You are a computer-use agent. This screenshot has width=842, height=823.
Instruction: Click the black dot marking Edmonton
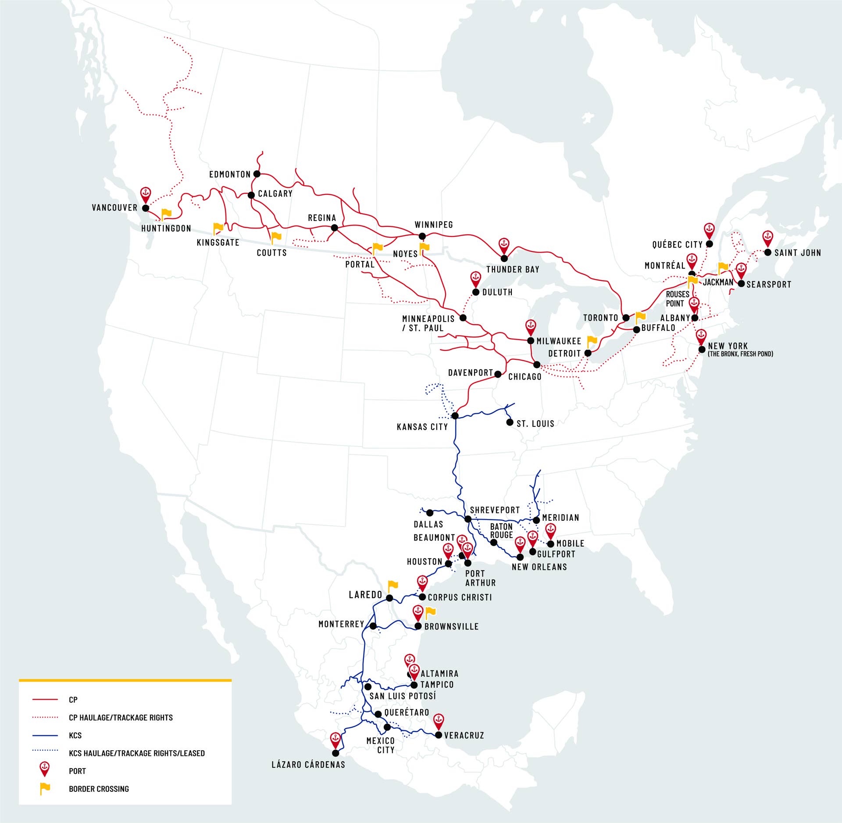[257, 174]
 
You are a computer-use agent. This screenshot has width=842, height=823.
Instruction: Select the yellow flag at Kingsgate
[218, 228]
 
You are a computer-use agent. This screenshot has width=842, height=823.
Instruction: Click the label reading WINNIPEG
[434, 225]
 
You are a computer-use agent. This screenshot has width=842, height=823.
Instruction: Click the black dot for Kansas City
[455, 416]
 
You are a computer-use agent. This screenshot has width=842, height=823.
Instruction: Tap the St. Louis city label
[535, 424]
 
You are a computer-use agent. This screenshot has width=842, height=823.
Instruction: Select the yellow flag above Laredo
[392, 585]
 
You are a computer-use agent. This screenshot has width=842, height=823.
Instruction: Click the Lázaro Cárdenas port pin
[335, 740]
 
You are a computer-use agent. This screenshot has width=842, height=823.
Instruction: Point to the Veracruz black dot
[439, 735]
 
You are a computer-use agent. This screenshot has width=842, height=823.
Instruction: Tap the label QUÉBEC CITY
[677, 244]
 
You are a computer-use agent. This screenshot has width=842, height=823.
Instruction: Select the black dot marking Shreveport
[468, 519]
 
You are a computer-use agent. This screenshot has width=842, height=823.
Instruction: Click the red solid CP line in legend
[45, 699]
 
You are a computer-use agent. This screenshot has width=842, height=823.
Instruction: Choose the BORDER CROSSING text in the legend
[99, 789]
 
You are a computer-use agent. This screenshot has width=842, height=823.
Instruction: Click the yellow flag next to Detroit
[592, 341]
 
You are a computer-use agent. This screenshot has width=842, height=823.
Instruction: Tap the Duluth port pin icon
[475, 278]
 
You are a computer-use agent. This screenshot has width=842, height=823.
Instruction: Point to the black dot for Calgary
[251, 195]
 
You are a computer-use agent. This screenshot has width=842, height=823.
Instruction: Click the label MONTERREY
[341, 624]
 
